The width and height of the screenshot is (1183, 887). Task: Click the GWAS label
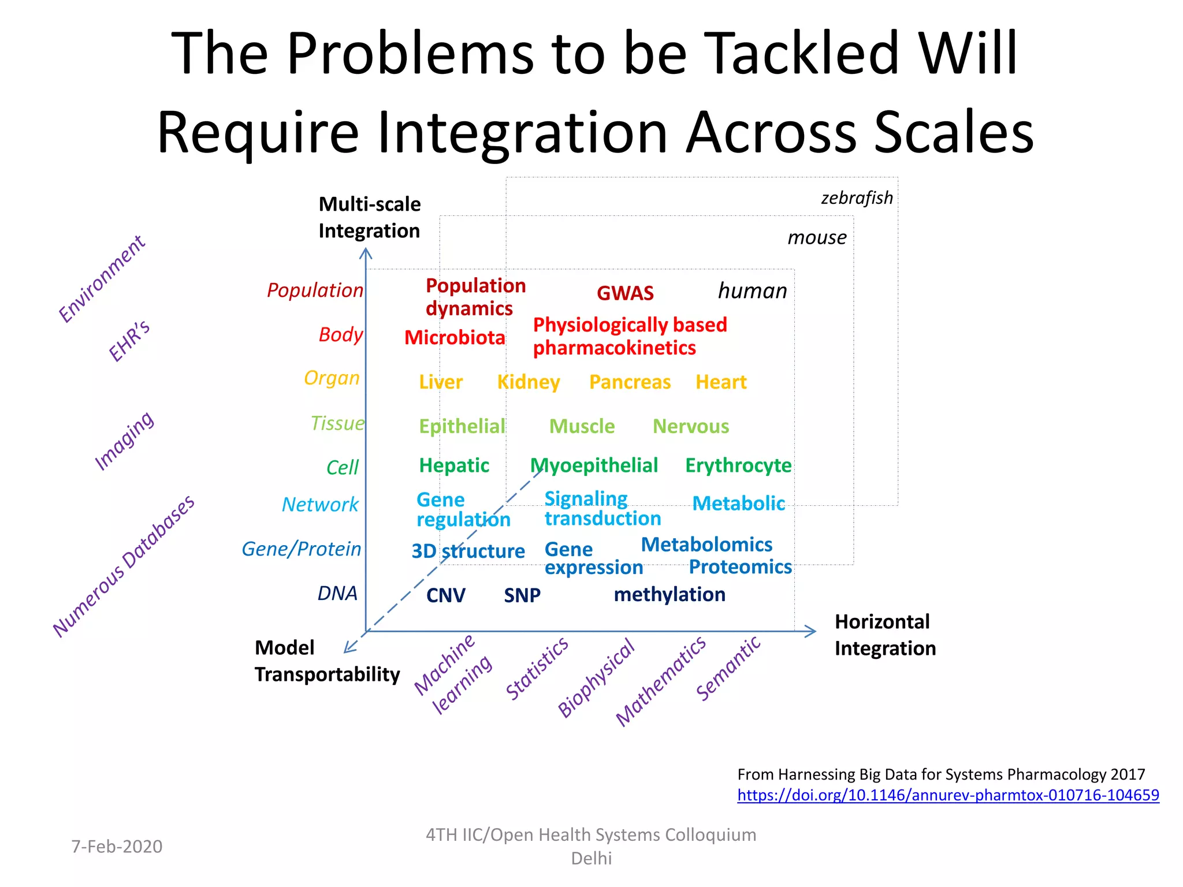pos(625,293)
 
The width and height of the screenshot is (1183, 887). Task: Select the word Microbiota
pos(455,338)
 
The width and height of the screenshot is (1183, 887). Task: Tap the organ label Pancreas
pos(630,382)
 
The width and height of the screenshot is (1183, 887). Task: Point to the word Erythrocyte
pos(738,465)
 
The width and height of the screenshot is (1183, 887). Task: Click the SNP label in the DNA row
pos(522,595)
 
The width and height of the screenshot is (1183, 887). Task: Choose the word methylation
pos(669,595)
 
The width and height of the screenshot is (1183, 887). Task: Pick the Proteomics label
pos(740,567)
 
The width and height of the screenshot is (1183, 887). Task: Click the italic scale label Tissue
pos(337,424)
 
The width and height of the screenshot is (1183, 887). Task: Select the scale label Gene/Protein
pos(301,549)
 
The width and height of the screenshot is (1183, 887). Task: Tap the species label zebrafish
pos(857,198)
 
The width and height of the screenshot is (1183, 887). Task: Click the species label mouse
pos(817,237)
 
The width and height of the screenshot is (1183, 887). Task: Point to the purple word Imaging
pos(124,441)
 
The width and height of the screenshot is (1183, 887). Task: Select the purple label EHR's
pos(129,341)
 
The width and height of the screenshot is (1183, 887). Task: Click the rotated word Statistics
pos(537,669)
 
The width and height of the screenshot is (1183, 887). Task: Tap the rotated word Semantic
pos(728,669)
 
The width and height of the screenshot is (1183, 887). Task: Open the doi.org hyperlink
pos(948,795)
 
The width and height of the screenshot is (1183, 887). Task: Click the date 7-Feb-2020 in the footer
pos(117,847)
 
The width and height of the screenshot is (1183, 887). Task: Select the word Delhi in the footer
pos(591,859)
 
